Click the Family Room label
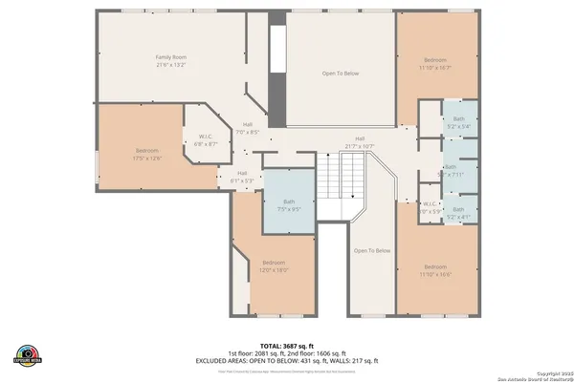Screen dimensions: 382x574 pos(171,57)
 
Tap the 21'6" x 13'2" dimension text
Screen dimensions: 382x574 pos(171,65)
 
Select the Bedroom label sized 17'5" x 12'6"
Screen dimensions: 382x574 pos(146,151)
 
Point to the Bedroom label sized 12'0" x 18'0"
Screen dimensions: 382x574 pos(275,263)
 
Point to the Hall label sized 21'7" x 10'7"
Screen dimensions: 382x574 pos(360,138)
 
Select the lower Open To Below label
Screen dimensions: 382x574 pos(372,250)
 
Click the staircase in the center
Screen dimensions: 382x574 pos(342,176)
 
